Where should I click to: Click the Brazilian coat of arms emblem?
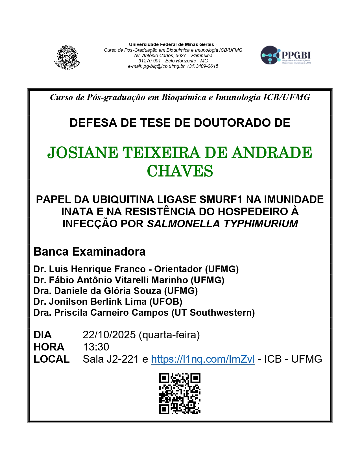point(67,58)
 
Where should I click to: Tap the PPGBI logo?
point(285,55)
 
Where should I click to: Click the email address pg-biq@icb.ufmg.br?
point(156,66)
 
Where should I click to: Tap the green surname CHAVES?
point(180,171)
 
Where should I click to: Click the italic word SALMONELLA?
point(184,224)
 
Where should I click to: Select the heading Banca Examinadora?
point(90,252)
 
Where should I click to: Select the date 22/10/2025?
point(109,335)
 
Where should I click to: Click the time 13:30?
point(96,347)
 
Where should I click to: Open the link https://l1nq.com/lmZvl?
point(203,359)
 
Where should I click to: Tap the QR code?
point(180,394)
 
